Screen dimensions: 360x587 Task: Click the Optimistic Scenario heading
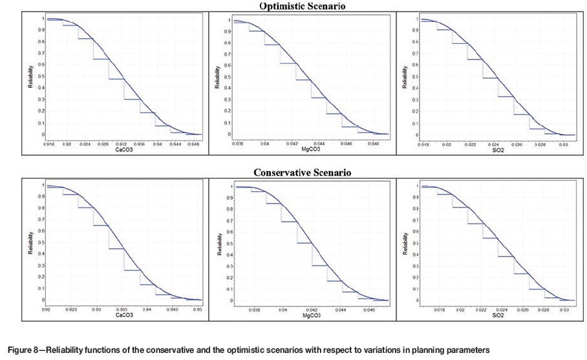[293, 6]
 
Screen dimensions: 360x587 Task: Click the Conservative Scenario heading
[293, 173]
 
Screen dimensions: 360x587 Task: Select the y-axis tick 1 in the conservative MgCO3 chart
[229, 187]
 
